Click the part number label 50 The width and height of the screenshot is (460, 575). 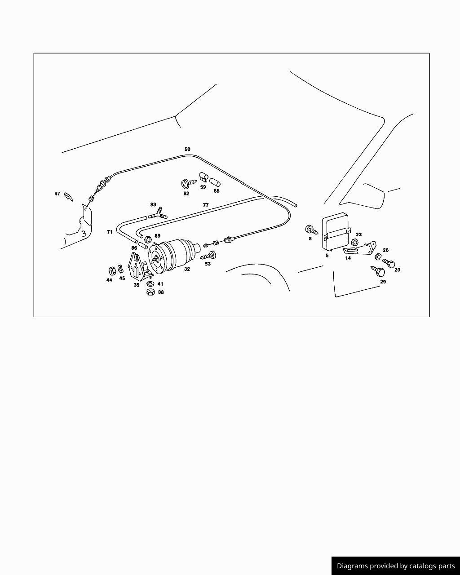[x=187, y=149]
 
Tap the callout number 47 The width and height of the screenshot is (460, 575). [x=57, y=194]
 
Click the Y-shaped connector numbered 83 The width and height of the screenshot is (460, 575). [x=158, y=213]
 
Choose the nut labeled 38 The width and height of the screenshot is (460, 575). [x=151, y=292]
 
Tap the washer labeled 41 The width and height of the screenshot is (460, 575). [x=150, y=284]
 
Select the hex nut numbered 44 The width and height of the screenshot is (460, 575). [x=111, y=271]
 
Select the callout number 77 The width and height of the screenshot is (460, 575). [x=206, y=205]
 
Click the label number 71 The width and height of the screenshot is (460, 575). [x=110, y=232]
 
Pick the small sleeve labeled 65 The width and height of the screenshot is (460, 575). [x=215, y=182]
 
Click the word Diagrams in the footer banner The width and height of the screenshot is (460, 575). [x=352, y=566]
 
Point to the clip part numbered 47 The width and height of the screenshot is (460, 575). [x=68, y=196]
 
